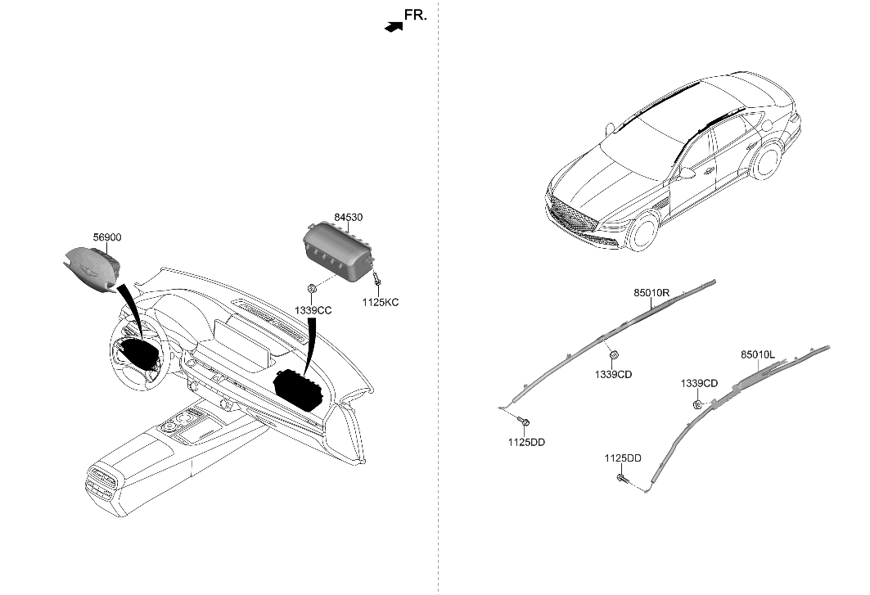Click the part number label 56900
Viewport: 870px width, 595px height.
click(107, 237)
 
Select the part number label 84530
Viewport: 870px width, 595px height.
click(348, 217)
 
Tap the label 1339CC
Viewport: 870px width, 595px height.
click(314, 312)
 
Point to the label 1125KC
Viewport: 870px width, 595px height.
click(381, 302)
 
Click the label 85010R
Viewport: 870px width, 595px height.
click(651, 292)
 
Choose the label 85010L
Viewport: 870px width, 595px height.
click(758, 355)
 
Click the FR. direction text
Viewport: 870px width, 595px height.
click(416, 14)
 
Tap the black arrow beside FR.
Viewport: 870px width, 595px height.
click(394, 26)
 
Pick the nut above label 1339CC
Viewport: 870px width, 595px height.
click(313, 289)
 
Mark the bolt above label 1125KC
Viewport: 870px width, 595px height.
click(376, 281)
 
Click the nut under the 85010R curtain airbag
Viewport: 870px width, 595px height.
click(614, 354)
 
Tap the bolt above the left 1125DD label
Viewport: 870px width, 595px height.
click(525, 421)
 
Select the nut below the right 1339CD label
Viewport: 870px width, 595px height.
click(696, 403)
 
